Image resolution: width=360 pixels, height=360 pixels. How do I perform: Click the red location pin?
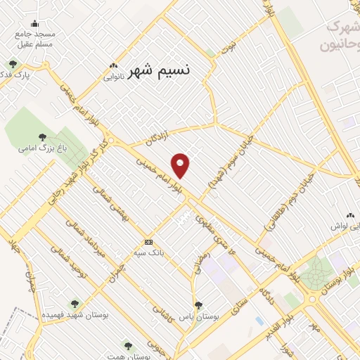pos(181,165)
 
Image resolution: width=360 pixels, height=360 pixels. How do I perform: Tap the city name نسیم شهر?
pos(160,70)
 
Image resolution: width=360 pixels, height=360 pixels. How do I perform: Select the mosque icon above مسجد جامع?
pos(35,24)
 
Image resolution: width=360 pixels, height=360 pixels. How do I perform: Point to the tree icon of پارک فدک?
pos(13,65)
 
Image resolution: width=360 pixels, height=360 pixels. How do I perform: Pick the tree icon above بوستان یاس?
pos(199,304)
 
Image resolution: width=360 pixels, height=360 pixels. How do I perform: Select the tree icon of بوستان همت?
pos(127,345)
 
